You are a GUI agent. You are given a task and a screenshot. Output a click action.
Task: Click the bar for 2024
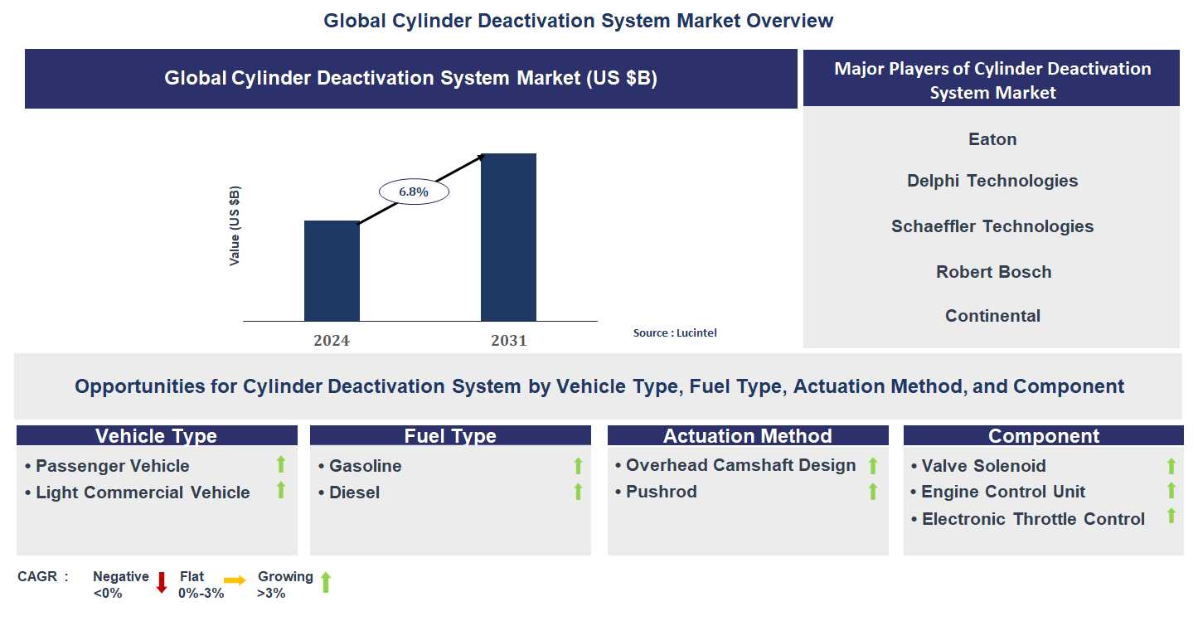coord(332,270)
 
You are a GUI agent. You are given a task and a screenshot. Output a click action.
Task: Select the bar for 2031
coord(508,237)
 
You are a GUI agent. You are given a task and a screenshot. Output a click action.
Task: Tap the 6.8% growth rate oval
coord(413,192)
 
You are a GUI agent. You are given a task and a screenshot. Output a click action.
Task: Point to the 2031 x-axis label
coord(508,340)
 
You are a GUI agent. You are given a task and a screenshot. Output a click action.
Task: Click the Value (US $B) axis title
coord(235,226)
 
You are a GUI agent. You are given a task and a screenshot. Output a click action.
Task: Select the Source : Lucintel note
coord(675,332)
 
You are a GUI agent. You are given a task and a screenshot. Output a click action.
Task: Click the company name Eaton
coord(992,139)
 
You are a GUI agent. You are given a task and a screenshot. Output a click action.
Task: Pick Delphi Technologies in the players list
coord(992,181)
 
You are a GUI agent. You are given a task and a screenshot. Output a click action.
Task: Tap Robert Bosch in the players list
coord(993,272)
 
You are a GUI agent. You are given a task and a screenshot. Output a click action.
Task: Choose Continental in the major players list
coord(992,316)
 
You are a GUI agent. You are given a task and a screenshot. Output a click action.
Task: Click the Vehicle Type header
coord(157,436)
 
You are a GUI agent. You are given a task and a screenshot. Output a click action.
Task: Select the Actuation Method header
coord(747,436)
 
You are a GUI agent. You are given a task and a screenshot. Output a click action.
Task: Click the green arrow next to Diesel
coord(578,492)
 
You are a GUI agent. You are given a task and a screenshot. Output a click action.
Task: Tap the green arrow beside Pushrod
coord(872,492)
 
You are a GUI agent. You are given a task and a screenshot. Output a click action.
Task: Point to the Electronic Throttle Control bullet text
coord(1033,519)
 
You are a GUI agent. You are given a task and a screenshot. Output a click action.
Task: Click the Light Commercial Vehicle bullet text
coord(143,492)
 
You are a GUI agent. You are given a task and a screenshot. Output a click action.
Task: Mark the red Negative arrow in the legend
coord(162,582)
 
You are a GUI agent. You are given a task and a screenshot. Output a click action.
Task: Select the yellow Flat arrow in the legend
coord(235,581)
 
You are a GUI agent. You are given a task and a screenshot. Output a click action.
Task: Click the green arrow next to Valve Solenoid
coord(1171,466)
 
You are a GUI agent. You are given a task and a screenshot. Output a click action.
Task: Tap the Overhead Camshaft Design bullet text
coord(740,465)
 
